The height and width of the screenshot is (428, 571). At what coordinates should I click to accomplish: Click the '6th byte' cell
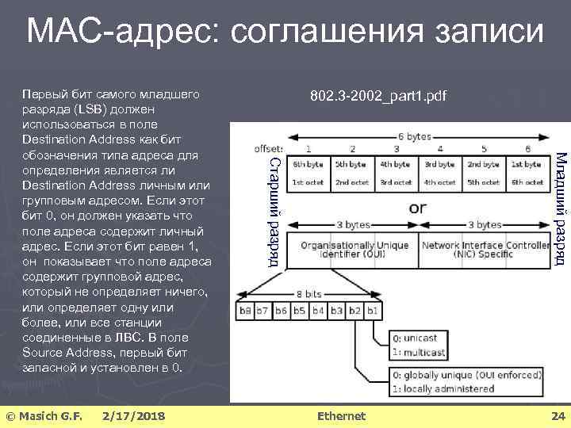tap(307, 165)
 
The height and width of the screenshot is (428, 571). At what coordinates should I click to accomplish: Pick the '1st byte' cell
tap(527, 165)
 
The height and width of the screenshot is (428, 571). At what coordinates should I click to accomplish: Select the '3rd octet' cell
tap(395, 182)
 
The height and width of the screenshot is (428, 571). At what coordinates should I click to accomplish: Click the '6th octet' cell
tap(527, 182)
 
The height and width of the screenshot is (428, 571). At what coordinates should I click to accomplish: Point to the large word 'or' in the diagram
tap(417, 208)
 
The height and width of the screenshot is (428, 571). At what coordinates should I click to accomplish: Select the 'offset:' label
tap(268, 148)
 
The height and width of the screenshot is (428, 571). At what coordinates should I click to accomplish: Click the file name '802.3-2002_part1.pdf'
tap(378, 97)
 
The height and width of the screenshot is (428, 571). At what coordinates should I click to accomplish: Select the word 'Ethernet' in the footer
tap(341, 416)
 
